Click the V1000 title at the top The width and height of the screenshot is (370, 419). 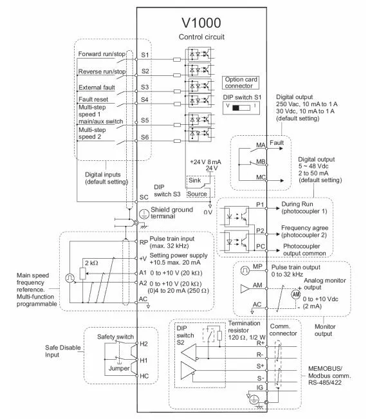pyautogui.click(x=201, y=23)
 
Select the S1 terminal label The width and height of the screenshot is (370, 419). pyautogui.click(x=145, y=55)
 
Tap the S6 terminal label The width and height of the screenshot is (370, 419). pyautogui.click(x=145, y=137)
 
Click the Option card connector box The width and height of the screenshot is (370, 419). pyautogui.click(x=241, y=82)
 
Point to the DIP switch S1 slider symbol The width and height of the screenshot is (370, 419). pyautogui.click(x=241, y=107)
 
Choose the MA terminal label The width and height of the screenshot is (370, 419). pyautogui.click(x=261, y=145)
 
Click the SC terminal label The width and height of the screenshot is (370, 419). pyautogui.click(x=143, y=197)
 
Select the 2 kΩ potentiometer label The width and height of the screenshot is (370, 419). pyautogui.click(x=91, y=263)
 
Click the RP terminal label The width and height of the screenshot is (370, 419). pyautogui.click(x=143, y=242)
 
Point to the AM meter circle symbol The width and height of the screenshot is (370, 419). pyautogui.click(x=296, y=295)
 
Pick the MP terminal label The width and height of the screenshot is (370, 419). pyautogui.click(x=257, y=266)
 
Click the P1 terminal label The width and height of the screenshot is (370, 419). pyautogui.click(x=260, y=205)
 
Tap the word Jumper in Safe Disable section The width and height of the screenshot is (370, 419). pyautogui.click(x=119, y=369)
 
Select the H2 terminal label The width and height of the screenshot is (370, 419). pyautogui.click(x=143, y=344)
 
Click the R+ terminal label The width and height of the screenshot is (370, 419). pyautogui.click(x=261, y=343)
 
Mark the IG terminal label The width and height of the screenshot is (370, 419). pyautogui.click(x=260, y=387)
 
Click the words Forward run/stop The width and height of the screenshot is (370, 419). pyautogui.click(x=102, y=54)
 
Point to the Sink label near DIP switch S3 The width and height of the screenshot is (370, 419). pyautogui.click(x=194, y=180)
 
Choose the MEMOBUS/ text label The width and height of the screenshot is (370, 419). pyautogui.click(x=325, y=369)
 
